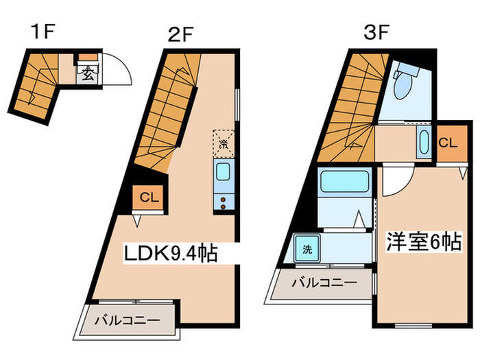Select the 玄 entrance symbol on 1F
point(88,73)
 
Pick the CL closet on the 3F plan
point(447,143)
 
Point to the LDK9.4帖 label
point(171,254)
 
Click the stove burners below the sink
point(224,202)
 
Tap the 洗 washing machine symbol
point(308,249)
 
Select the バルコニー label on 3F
point(324,282)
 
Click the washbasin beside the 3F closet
point(422,143)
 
